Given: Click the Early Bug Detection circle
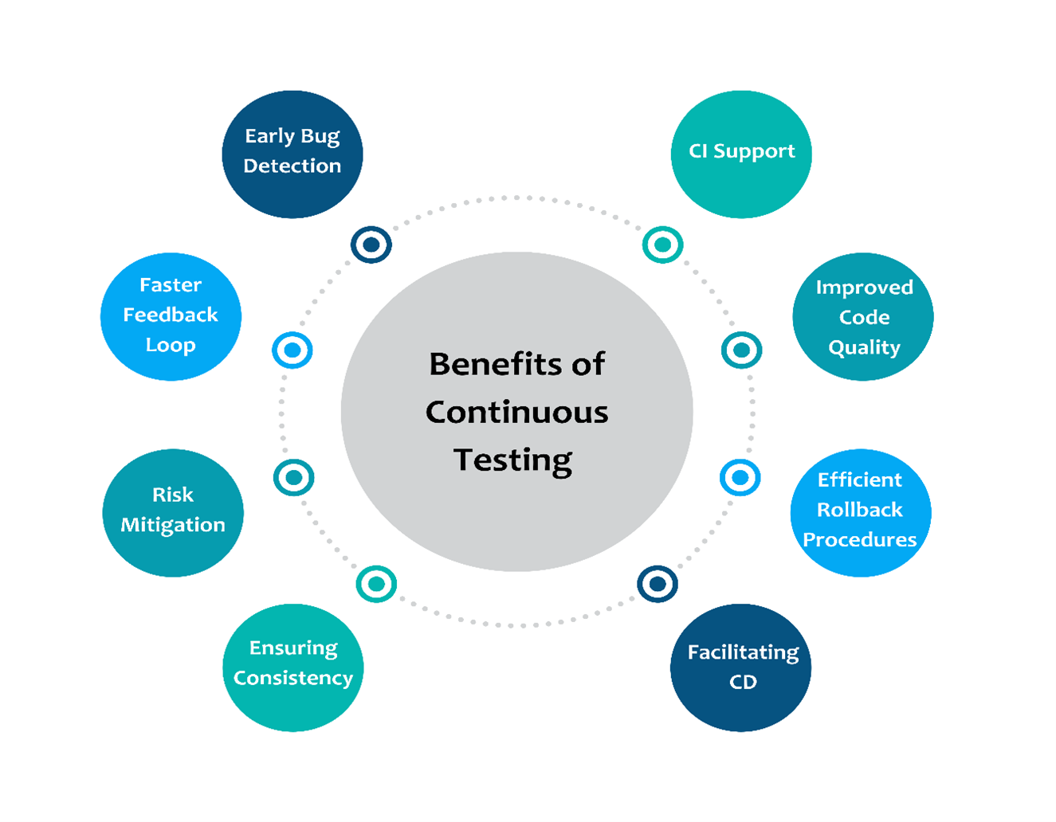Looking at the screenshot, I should pyautogui.click(x=292, y=154).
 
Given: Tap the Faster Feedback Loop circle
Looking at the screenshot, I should pyautogui.click(x=171, y=316).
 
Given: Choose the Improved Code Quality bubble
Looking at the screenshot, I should pyautogui.click(x=863, y=316).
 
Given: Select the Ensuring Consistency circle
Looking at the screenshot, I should pyautogui.click(x=293, y=667).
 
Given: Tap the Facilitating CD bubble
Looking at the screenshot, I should pyautogui.click(x=741, y=667).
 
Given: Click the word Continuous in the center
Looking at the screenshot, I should pyautogui.click(x=516, y=413).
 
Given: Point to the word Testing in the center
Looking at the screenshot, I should pyautogui.click(x=512, y=460).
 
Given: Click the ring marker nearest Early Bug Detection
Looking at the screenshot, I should pyautogui.click(x=371, y=245).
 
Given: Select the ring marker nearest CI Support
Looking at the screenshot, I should pyautogui.click(x=662, y=245).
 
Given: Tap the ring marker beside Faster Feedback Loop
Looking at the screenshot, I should pyautogui.click(x=292, y=350).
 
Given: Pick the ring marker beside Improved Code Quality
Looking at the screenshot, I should pyautogui.click(x=741, y=350).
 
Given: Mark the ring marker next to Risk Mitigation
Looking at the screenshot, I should pyautogui.click(x=293, y=478).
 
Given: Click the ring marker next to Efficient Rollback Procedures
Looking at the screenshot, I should pyautogui.click(x=740, y=478).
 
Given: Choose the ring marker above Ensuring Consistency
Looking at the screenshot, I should pyautogui.click(x=376, y=584).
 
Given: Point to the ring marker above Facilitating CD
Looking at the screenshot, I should pyautogui.click(x=658, y=584).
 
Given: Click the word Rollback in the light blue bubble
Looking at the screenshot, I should pyautogui.click(x=860, y=510).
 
